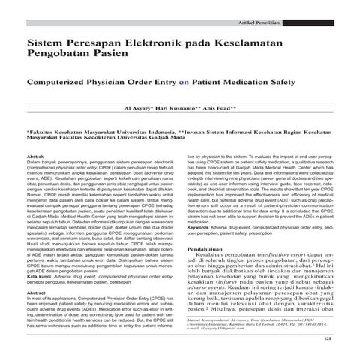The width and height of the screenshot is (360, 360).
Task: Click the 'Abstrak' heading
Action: point(37,153)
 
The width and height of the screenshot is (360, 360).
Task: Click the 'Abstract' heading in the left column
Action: point(37,293)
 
